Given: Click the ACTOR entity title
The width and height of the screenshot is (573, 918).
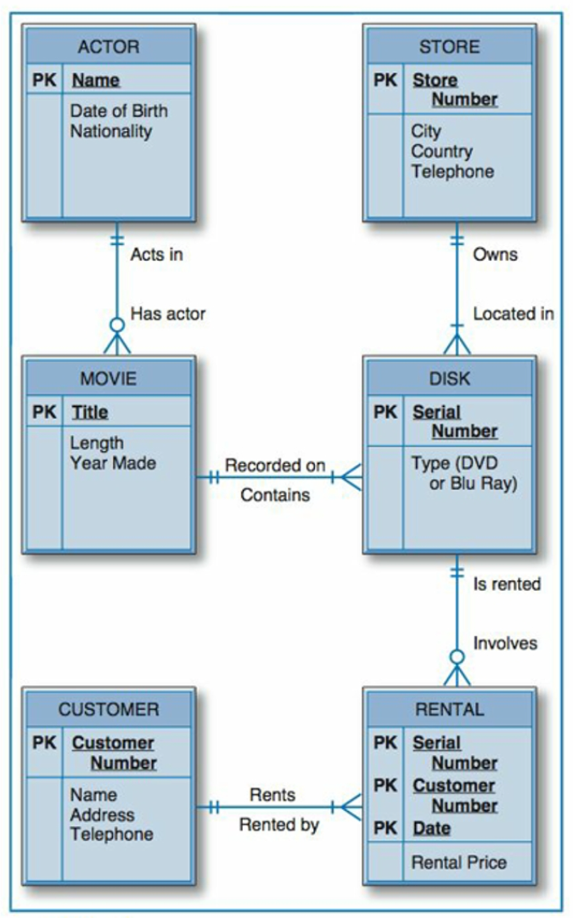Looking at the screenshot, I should (108, 46).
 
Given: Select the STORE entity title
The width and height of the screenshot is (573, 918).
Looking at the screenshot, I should (448, 46).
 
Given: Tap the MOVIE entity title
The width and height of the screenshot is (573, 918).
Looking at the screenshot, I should (108, 377).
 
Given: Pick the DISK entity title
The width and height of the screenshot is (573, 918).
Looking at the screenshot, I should (449, 377).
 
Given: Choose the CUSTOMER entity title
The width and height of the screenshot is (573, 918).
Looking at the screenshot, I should (108, 708).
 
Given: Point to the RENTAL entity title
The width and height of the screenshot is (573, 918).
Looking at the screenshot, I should (449, 708).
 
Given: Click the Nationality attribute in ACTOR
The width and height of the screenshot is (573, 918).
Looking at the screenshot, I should (110, 132).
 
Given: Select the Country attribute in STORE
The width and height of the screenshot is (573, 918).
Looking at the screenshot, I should (441, 152).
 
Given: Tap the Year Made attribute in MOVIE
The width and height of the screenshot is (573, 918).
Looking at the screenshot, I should (112, 464).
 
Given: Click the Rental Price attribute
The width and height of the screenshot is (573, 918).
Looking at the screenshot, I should (458, 863).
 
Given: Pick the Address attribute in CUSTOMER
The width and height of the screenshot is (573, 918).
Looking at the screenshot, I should (102, 814).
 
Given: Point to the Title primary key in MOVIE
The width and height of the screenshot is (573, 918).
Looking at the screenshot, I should (89, 413).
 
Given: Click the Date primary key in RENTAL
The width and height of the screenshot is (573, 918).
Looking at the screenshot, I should (431, 827).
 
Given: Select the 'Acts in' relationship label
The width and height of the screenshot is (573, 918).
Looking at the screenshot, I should (156, 254).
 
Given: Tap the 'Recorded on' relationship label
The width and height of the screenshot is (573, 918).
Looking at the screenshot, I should (274, 466).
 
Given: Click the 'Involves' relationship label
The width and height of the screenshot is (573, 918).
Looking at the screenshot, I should (504, 643).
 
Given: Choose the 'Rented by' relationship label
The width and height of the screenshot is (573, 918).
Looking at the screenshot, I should (278, 825).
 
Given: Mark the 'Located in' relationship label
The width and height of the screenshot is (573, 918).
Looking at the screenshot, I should (513, 313).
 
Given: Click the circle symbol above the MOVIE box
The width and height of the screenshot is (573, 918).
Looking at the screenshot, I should (117, 324).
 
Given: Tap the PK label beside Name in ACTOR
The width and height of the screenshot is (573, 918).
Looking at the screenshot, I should (44, 81).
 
